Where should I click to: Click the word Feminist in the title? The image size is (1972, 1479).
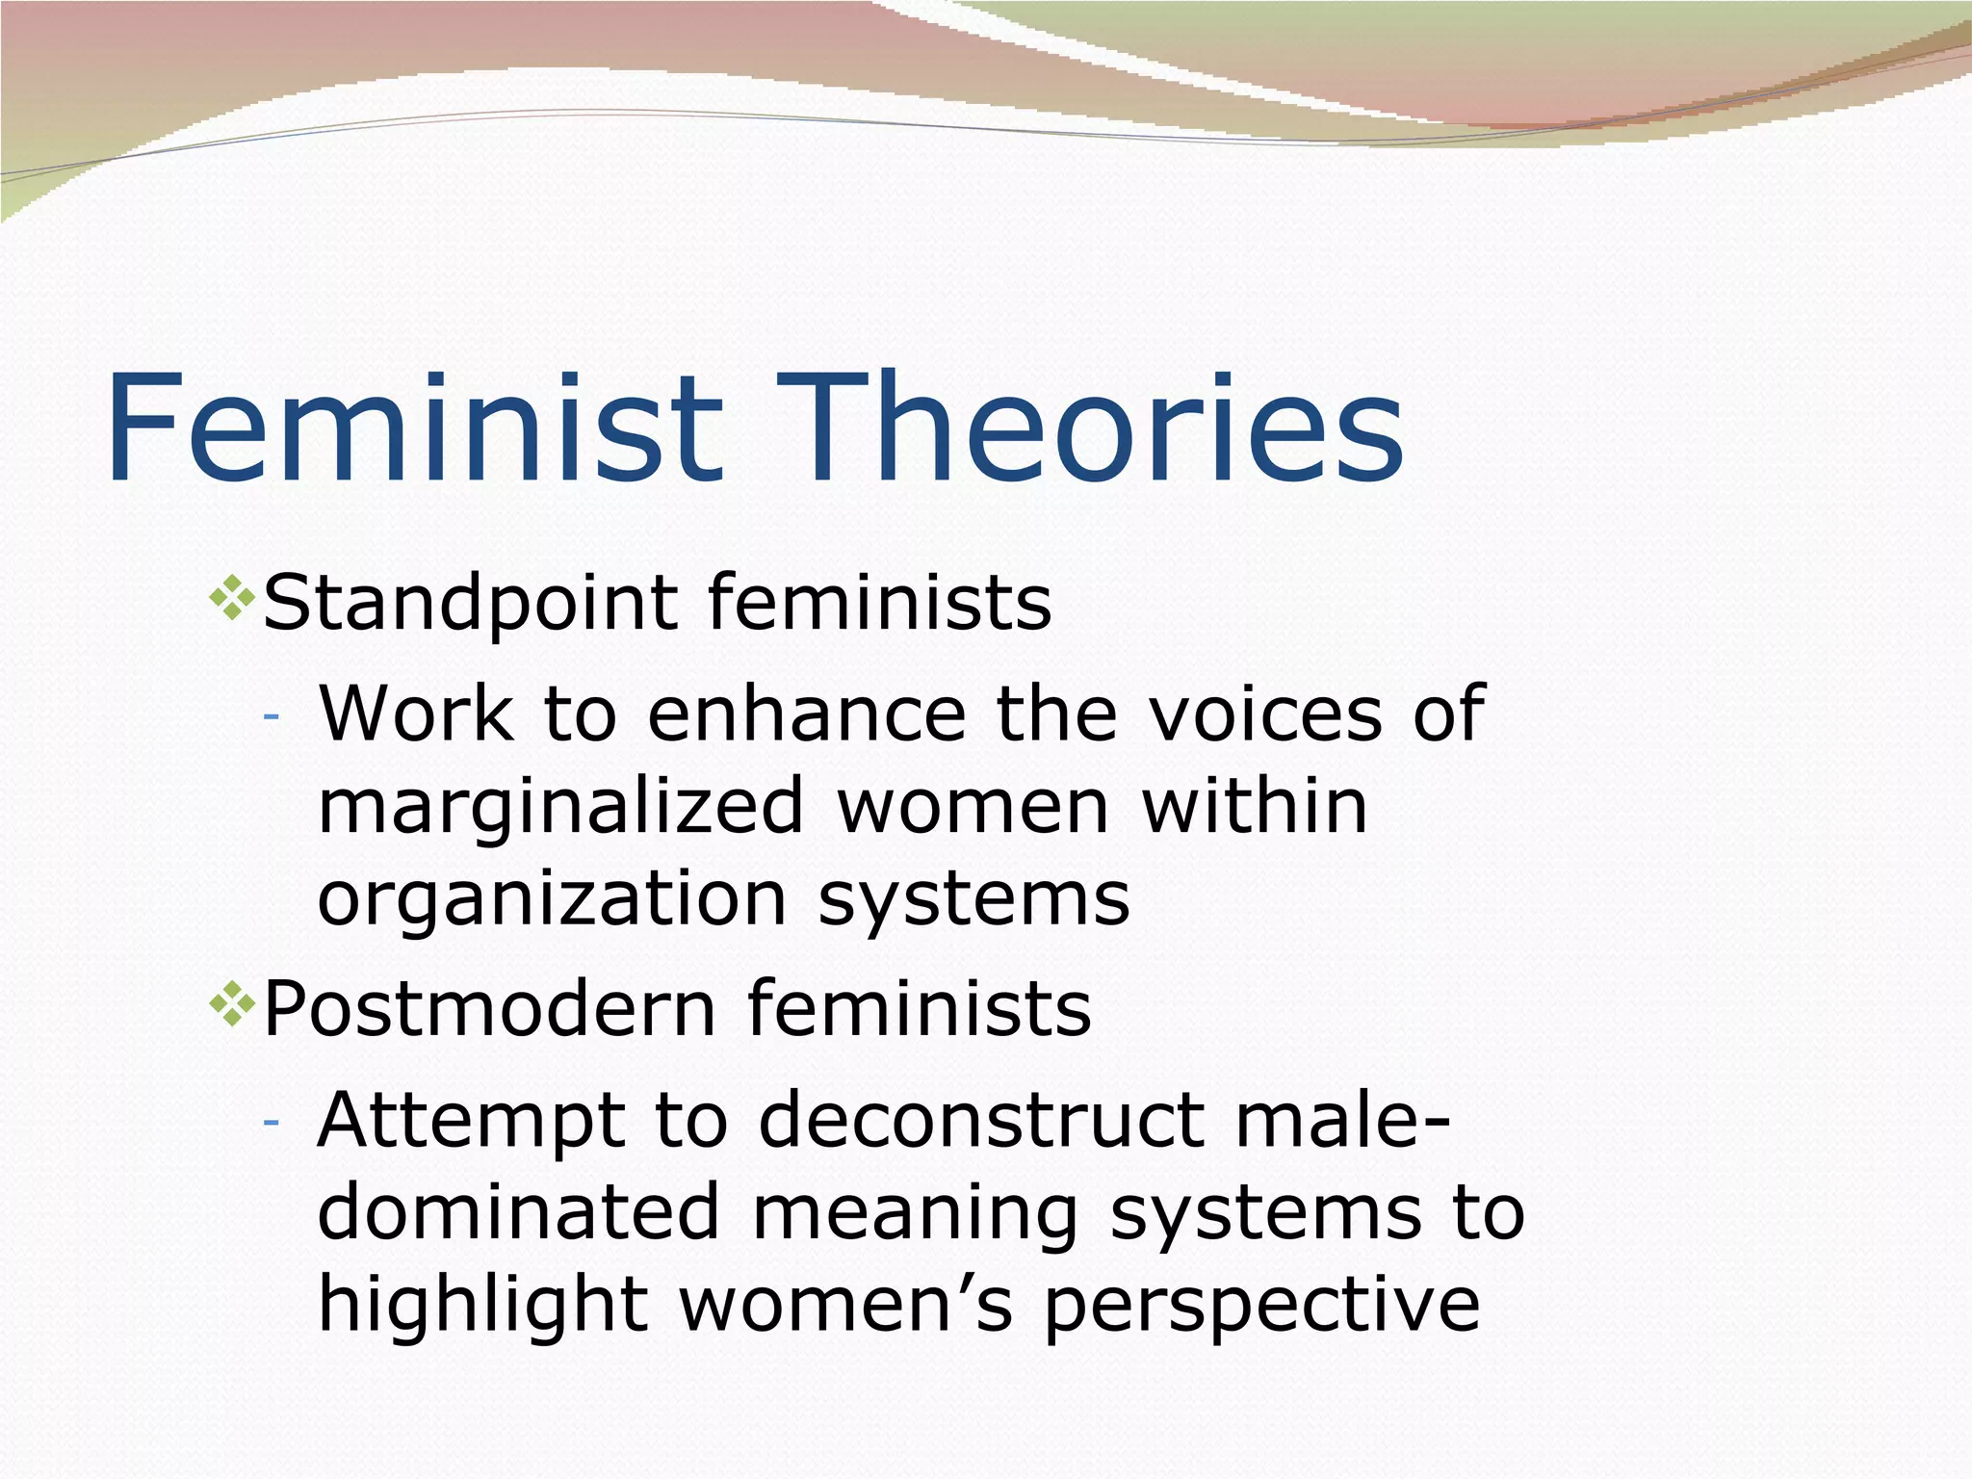point(414,428)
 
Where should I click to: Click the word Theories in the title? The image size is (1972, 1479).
point(1088,428)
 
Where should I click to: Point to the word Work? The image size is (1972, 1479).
point(416,714)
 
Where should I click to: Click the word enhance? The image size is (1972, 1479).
point(806,714)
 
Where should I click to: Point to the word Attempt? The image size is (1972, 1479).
point(471,1123)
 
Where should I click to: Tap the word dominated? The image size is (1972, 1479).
point(518,1213)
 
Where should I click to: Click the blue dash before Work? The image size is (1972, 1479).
point(271,717)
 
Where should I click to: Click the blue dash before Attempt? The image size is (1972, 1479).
point(271,1124)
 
